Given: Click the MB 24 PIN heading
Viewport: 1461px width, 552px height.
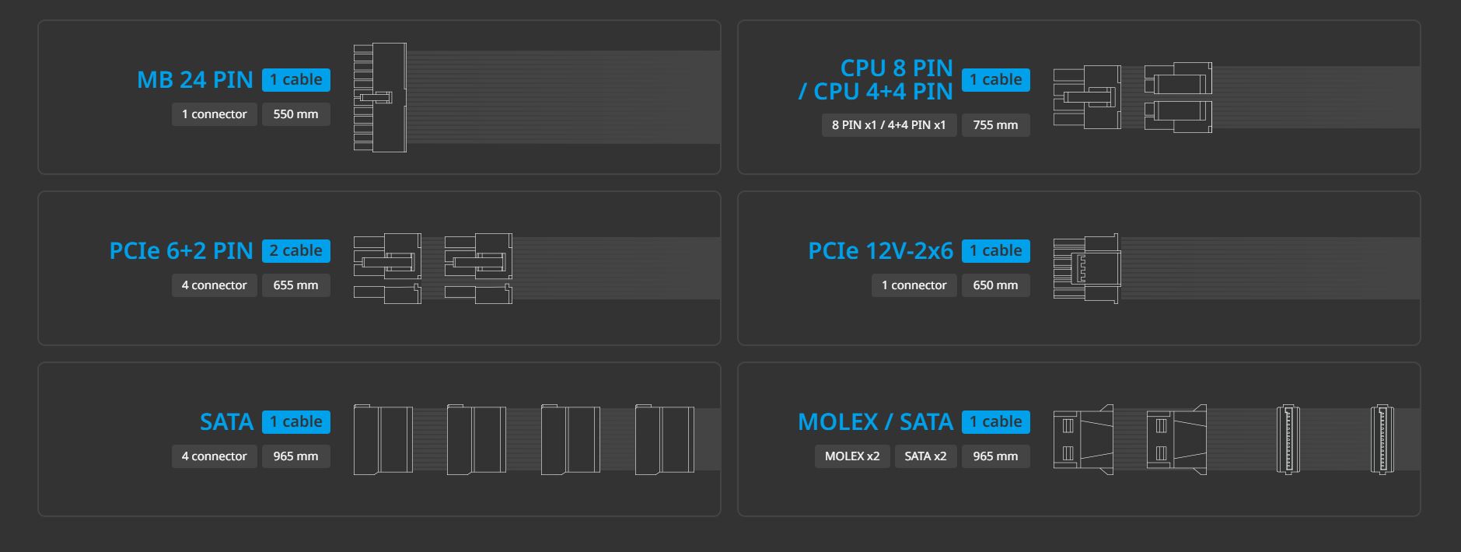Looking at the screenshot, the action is (x=195, y=79).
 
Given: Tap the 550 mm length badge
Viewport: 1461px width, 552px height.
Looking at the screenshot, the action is (x=295, y=114).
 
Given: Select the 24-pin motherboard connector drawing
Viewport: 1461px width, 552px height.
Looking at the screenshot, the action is (x=380, y=97).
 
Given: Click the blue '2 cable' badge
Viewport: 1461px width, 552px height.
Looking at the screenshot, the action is (x=296, y=250).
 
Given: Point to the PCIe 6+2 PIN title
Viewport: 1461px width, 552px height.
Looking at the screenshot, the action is (x=181, y=250).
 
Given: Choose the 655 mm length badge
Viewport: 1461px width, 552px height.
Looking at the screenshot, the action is (x=295, y=285).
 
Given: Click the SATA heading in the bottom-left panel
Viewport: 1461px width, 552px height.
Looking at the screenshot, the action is (x=226, y=421).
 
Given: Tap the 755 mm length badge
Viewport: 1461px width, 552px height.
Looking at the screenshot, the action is (x=995, y=125).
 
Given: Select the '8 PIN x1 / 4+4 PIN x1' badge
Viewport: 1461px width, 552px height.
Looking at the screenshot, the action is (x=889, y=125).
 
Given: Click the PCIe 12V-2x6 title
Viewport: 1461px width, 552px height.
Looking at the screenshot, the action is (x=880, y=250).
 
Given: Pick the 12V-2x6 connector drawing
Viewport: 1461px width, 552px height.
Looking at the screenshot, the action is (x=1087, y=268).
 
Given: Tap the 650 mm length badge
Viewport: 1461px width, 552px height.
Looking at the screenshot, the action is (x=995, y=285).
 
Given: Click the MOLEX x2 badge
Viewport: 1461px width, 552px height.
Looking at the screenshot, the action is (x=852, y=456).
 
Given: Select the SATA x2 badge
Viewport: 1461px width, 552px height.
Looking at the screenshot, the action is (x=925, y=456).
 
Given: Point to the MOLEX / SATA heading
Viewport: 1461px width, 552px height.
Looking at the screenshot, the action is (x=876, y=421).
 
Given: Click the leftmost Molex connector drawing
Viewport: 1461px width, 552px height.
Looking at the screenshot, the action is (x=1083, y=439).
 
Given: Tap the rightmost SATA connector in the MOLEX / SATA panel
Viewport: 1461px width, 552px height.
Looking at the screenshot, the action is (x=1382, y=439).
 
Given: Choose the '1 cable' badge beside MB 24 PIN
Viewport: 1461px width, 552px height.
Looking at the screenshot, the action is (x=296, y=79).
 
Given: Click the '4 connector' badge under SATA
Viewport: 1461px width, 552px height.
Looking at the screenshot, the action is (x=215, y=456).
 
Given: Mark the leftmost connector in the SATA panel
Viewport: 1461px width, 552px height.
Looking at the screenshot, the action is (x=383, y=439).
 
